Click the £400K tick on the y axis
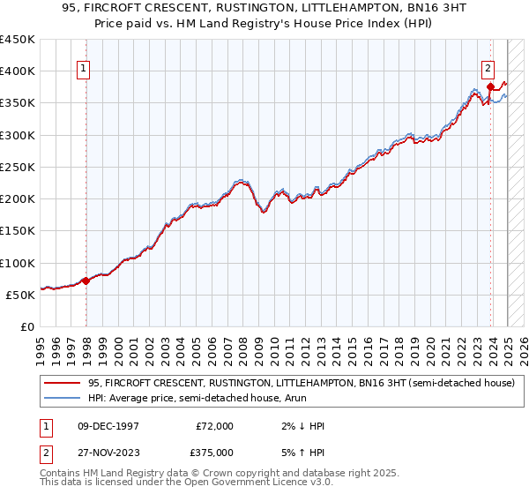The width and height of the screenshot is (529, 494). click(x=18, y=71)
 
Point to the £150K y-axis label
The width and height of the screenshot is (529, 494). click(x=18, y=231)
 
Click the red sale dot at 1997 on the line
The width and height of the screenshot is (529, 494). click(x=86, y=281)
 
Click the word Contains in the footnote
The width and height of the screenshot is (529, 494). click(x=61, y=473)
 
